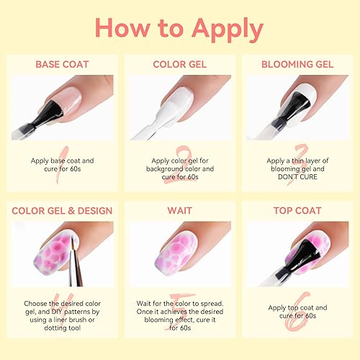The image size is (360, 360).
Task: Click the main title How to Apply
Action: [x=179, y=29]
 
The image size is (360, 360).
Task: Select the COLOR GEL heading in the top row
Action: [x=180, y=65]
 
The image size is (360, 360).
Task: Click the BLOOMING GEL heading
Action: [x=297, y=65]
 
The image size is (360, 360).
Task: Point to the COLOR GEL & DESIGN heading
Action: [x=63, y=210]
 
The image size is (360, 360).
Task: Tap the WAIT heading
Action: [x=180, y=210]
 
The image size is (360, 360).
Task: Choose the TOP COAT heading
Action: [x=297, y=210]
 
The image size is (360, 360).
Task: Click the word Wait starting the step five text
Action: [x=145, y=304]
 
